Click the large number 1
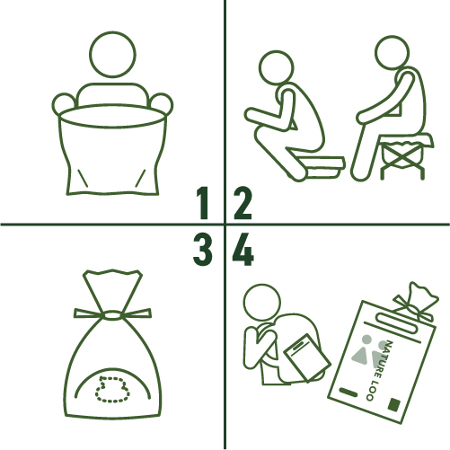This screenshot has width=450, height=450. click(203, 203)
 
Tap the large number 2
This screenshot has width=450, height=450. click(243, 203)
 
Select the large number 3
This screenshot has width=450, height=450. click(203, 250)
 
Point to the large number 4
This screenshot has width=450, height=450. click(243, 250)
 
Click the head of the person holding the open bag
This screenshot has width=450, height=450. click(112, 54)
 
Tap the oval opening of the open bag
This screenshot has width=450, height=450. click(112, 116)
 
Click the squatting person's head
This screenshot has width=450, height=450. click(276, 67)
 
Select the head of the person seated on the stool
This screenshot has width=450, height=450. click(392, 52)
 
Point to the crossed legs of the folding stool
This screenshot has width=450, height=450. click(402, 158)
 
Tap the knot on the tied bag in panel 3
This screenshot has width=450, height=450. click(112, 315)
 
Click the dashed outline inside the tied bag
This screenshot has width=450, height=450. click(112, 390)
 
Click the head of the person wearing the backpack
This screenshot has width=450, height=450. click(262, 302)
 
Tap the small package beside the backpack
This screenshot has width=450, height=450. click(307, 357)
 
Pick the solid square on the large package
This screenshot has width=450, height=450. click(394, 404)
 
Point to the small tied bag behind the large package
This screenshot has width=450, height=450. click(416, 302)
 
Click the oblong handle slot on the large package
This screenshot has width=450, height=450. click(397, 322)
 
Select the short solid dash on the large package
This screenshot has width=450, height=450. click(349, 392)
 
